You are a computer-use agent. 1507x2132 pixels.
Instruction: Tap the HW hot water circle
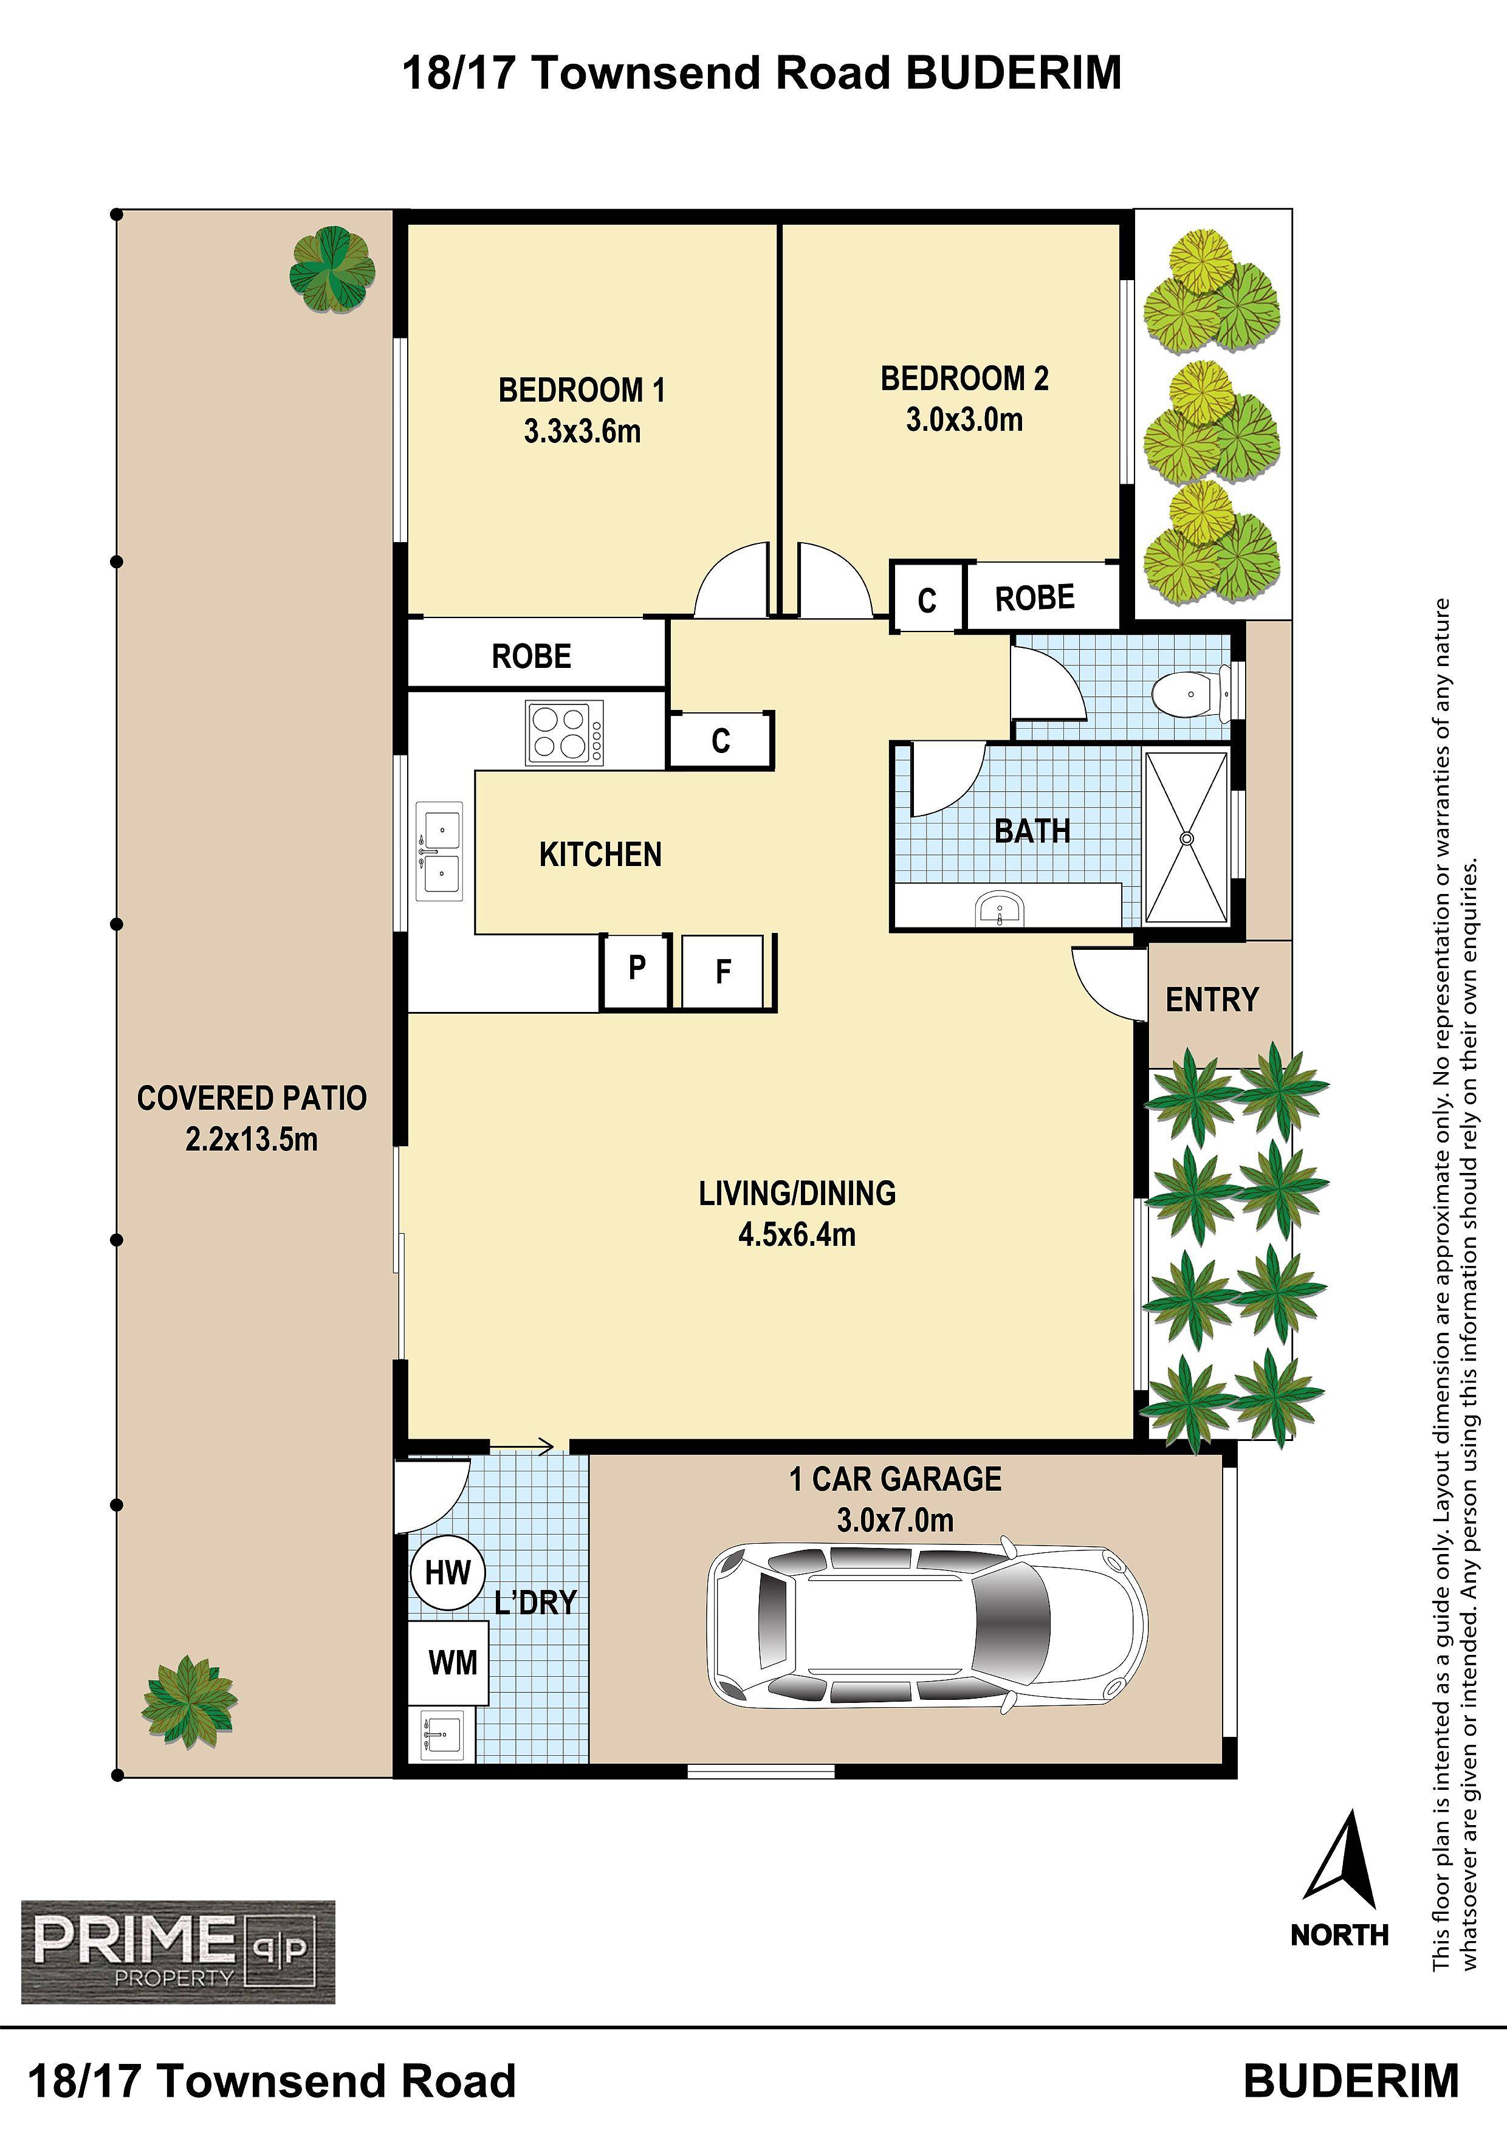[448, 1572]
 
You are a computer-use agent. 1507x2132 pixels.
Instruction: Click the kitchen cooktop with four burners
[565, 732]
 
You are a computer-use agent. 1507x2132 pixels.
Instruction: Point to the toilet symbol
[1190, 693]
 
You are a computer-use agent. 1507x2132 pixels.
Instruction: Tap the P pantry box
[636, 971]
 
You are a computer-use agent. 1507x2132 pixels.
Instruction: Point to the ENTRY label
[1212, 1000]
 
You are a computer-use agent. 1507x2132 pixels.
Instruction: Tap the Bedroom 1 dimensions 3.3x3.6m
[582, 432]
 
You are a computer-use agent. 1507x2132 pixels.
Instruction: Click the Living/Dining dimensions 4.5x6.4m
[797, 1235]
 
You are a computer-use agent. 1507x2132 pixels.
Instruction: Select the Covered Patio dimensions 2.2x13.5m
[252, 1138]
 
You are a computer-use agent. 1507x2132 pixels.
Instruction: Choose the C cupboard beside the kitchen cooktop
[721, 741]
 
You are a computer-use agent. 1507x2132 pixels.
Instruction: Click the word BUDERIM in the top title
[1014, 72]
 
